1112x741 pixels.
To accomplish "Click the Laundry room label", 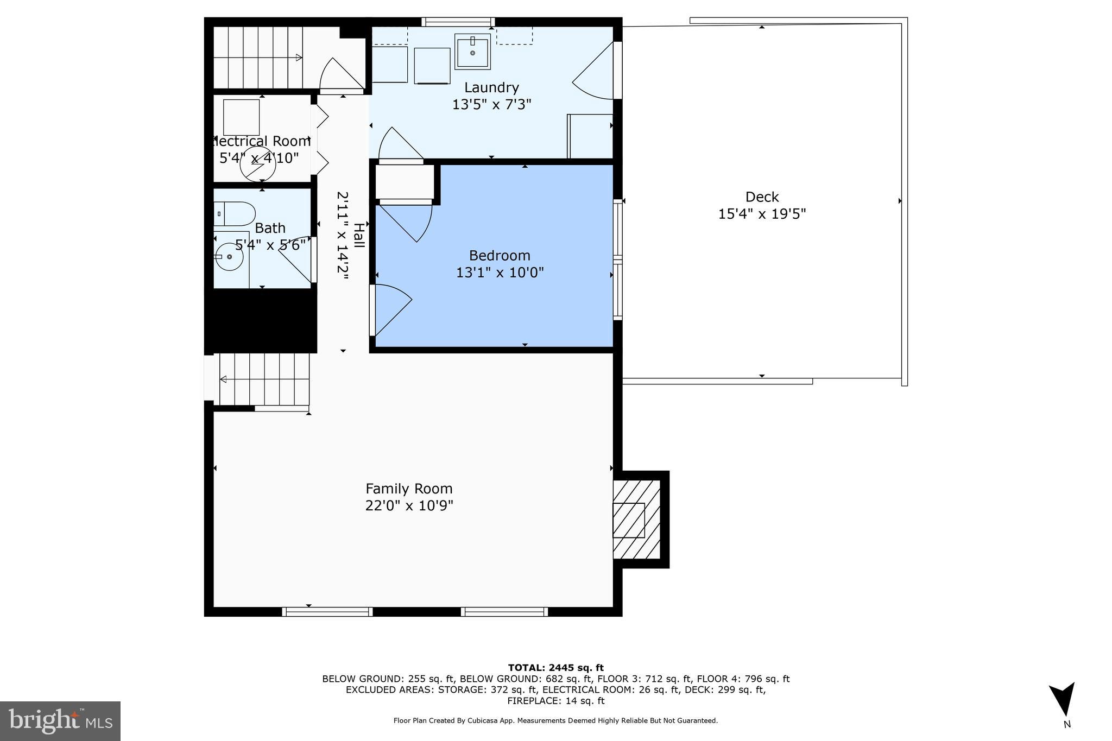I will coord(491,87).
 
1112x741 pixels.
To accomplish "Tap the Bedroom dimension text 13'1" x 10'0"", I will coord(500,272).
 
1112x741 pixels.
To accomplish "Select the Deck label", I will coord(762,197).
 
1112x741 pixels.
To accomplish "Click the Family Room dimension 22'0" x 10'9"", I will coord(409,505).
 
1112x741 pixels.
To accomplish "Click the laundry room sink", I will coord(472,52).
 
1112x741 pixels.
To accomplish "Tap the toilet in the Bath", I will coord(235,214).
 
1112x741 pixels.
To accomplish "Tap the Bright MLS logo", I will coord(60,721).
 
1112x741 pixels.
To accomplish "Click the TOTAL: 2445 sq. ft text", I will coord(555,668).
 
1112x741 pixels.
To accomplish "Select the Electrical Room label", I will coord(261,142).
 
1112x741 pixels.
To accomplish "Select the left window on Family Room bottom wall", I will coord(327,612).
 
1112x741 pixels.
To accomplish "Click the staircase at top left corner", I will coord(258,57).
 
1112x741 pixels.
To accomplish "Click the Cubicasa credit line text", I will coord(555,721).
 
